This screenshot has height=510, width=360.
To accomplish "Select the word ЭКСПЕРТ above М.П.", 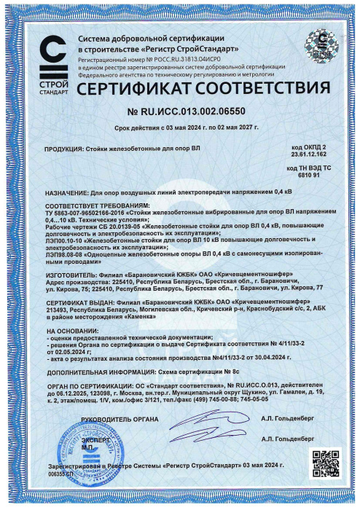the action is [94, 441].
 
